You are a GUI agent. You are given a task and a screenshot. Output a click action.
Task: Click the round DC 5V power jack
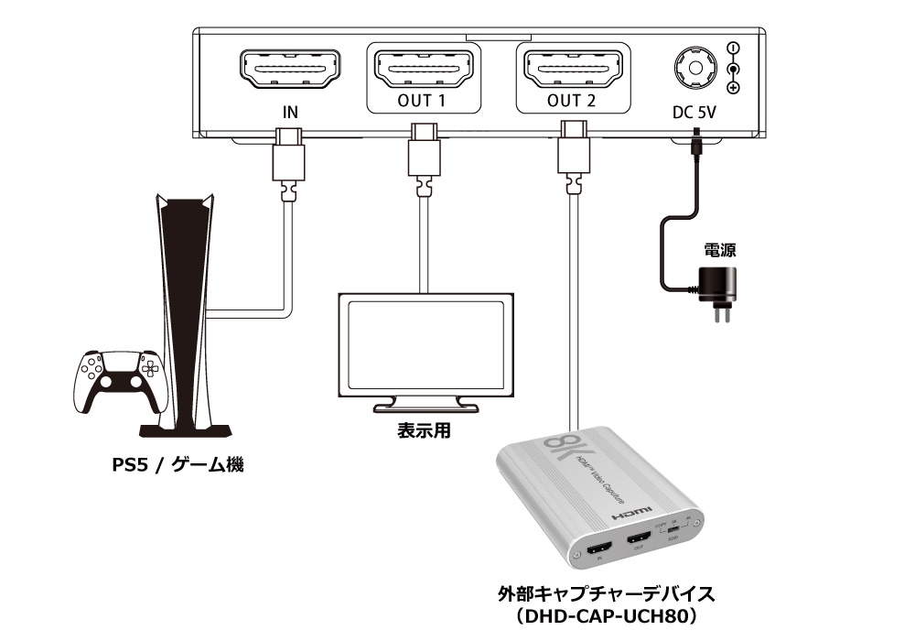[x=694, y=68]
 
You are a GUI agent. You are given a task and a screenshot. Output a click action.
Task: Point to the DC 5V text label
[x=694, y=114]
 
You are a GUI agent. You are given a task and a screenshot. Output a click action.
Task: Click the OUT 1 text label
[x=421, y=101]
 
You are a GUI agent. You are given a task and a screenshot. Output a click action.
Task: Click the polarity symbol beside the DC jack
[x=733, y=68]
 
